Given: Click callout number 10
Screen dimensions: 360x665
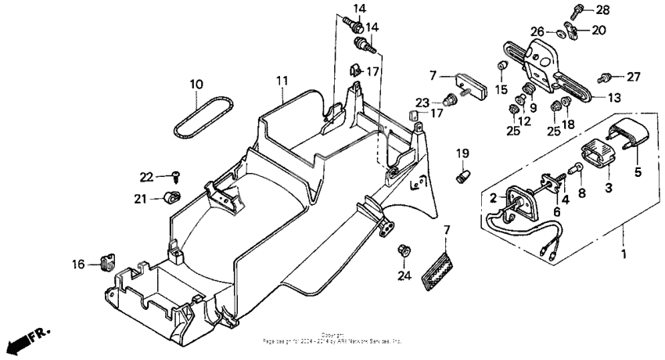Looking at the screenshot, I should click(x=196, y=84).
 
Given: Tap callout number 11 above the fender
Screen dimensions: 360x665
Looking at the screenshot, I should click(x=282, y=81).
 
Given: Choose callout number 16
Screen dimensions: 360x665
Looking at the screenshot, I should click(x=79, y=265).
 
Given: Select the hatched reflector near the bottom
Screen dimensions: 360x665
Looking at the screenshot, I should click(x=436, y=271).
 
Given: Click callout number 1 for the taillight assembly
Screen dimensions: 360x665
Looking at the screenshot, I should click(x=624, y=255).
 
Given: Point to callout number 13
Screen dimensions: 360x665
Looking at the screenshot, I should click(x=616, y=99).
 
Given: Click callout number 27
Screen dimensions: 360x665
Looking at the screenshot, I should click(x=633, y=77).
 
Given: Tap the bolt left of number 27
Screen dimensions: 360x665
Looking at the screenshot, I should click(x=605, y=77).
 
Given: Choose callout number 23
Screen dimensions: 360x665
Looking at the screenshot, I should click(x=422, y=102).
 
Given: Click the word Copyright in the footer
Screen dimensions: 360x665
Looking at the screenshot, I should click(x=332, y=335).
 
